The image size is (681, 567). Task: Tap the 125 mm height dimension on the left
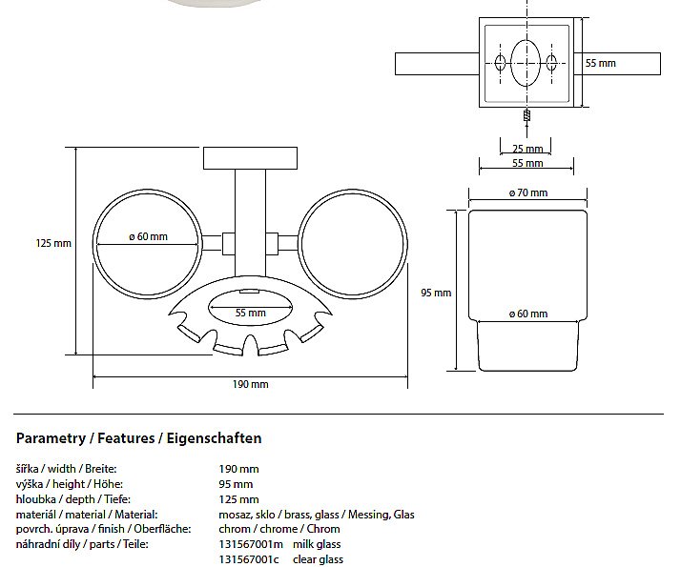pos(53,243)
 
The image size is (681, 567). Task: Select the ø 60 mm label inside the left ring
pos(148,236)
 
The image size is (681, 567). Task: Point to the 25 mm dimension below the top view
pos(527,149)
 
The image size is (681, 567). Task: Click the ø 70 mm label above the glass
pos(527,192)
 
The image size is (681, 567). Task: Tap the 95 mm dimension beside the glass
pos(436,293)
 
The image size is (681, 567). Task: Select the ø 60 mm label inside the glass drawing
pos(527,314)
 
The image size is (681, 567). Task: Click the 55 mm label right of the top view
pos(600,63)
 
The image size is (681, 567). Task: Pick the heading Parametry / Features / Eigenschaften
pos(139,438)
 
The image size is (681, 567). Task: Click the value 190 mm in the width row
pos(238,469)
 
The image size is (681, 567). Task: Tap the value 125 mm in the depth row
pos(238,499)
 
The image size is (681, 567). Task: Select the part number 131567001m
pos(252,544)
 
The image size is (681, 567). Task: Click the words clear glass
pos(318,559)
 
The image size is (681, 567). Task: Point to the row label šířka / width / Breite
pos(72,469)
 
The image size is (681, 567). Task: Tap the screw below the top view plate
pos(527,113)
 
